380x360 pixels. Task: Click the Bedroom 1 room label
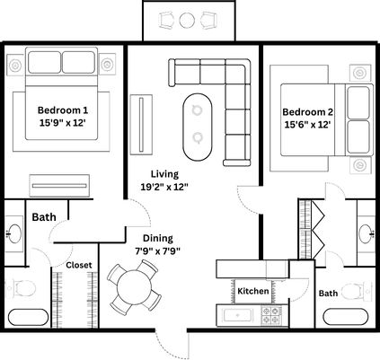point(62,110)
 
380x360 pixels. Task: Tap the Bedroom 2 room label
point(309,111)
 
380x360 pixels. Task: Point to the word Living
point(163,173)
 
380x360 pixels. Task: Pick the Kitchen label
point(252,291)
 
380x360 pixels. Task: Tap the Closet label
point(78,266)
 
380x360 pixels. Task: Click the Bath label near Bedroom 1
point(44,217)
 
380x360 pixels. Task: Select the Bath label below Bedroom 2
point(328,293)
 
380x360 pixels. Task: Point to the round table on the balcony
point(187,20)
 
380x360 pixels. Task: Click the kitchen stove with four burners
point(270,315)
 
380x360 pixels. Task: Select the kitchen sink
point(239,315)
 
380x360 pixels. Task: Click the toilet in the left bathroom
point(20,289)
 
